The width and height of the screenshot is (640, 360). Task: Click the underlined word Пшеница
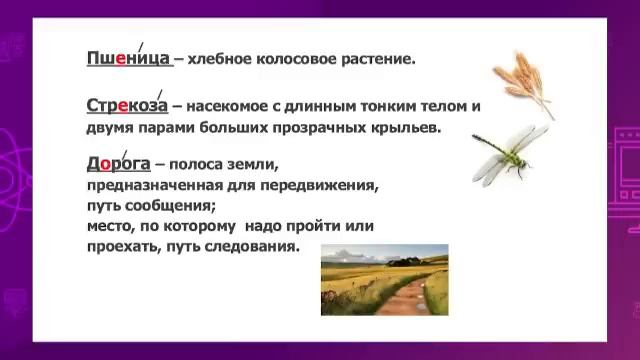pyautogui.click(x=128, y=59)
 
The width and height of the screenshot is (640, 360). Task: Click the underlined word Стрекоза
pyautogui.click(x=128, y=105)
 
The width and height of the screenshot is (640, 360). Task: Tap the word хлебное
pyautogui.click(x=221, y=60)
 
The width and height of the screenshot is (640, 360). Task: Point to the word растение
pyautogui.click(x=378, y=60)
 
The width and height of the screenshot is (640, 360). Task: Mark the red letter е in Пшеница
pyautogui.click(x=121, y=59)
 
